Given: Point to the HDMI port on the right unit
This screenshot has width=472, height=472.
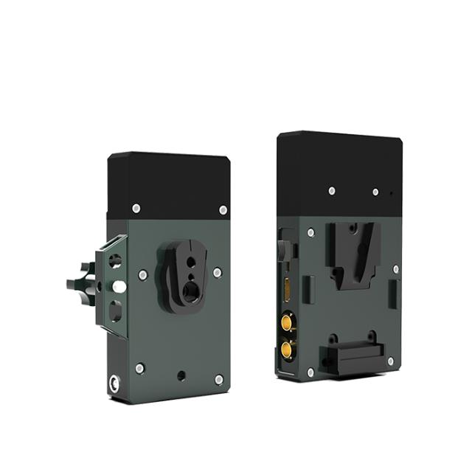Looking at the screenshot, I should click(286, 290).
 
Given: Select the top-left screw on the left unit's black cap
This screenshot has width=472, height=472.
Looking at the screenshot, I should click(136, 208).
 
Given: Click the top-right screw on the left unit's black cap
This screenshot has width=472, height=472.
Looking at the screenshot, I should click(223, 210).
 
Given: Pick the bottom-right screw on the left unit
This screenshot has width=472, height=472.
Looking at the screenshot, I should click(218, 379).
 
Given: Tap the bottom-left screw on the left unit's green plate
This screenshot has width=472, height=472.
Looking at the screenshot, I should click(139, 368).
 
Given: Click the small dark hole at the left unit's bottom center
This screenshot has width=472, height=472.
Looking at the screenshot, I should click(181, 375).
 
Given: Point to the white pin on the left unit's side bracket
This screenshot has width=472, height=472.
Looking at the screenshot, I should click(119, 283).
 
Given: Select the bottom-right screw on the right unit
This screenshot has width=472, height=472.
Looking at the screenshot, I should click(390, 361).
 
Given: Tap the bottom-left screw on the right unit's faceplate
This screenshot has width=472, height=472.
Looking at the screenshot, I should click(310, 372).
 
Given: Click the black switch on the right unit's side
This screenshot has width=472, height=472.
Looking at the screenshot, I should click(282, 249).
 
